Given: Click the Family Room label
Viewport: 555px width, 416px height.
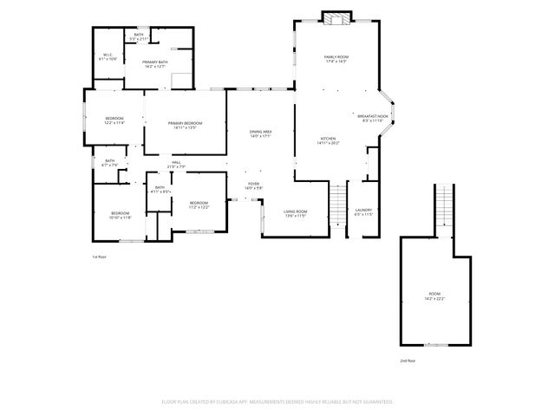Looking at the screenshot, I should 336,59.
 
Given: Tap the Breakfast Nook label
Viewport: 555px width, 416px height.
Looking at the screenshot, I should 373,118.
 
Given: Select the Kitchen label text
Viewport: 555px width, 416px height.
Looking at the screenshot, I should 329,140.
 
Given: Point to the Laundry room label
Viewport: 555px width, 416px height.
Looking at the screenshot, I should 363,211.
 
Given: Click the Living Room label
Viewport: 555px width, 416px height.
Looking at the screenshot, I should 295,212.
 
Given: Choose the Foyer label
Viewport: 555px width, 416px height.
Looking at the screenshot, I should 253,185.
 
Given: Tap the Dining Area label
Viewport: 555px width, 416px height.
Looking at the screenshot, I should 261,133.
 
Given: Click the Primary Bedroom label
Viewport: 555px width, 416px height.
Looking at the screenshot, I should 186,126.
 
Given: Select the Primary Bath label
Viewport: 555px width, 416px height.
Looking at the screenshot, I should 155,64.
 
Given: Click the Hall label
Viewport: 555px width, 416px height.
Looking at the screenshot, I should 175,165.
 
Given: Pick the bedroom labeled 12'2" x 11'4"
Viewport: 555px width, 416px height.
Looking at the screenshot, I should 114,120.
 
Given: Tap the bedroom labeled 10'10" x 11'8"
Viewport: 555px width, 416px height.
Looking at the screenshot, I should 120,215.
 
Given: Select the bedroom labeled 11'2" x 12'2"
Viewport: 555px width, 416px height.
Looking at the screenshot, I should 199,205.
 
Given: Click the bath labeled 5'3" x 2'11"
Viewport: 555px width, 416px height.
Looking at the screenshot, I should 139,37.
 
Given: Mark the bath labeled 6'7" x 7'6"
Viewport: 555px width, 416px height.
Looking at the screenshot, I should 110,162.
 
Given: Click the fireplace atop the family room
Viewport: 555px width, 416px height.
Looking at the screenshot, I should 336,18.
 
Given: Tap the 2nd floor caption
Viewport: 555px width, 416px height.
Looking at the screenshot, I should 408,360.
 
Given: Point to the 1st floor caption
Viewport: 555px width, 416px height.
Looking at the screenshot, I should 99,257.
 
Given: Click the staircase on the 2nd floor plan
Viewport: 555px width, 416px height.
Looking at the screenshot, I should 443,208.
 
